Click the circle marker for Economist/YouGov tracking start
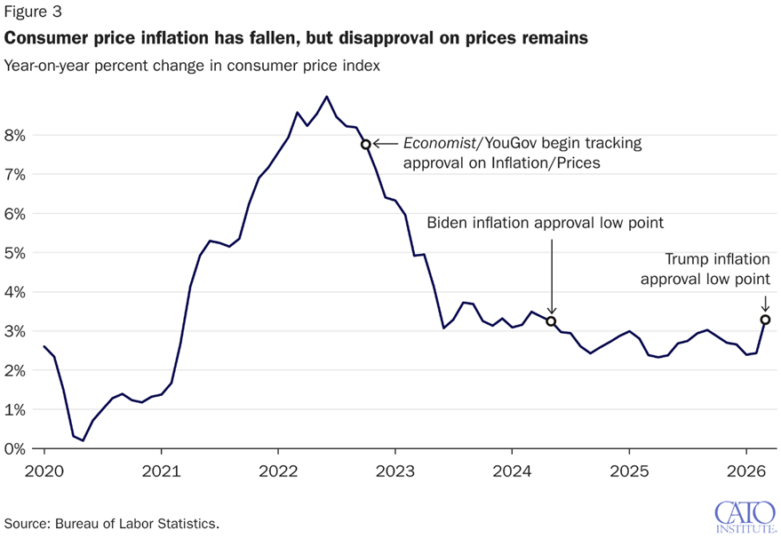[365, 144]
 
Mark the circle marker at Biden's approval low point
[551, 321]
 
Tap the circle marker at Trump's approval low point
[766, 320]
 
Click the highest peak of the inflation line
[327, 97]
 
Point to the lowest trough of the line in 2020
[84, 440]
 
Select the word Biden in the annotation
[449, 222]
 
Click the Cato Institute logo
[743, 516]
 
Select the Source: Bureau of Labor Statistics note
[112, 523]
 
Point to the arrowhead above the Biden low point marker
[551, 311]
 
